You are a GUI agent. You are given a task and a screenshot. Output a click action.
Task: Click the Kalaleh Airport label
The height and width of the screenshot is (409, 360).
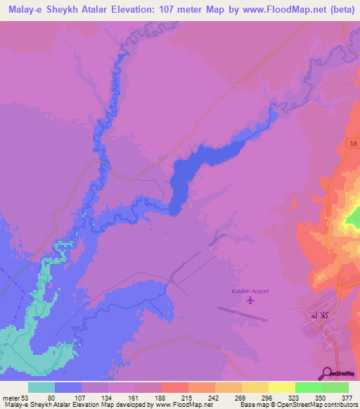point(250,291)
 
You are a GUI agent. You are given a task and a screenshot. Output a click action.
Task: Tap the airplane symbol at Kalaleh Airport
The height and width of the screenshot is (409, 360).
point(250,301)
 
